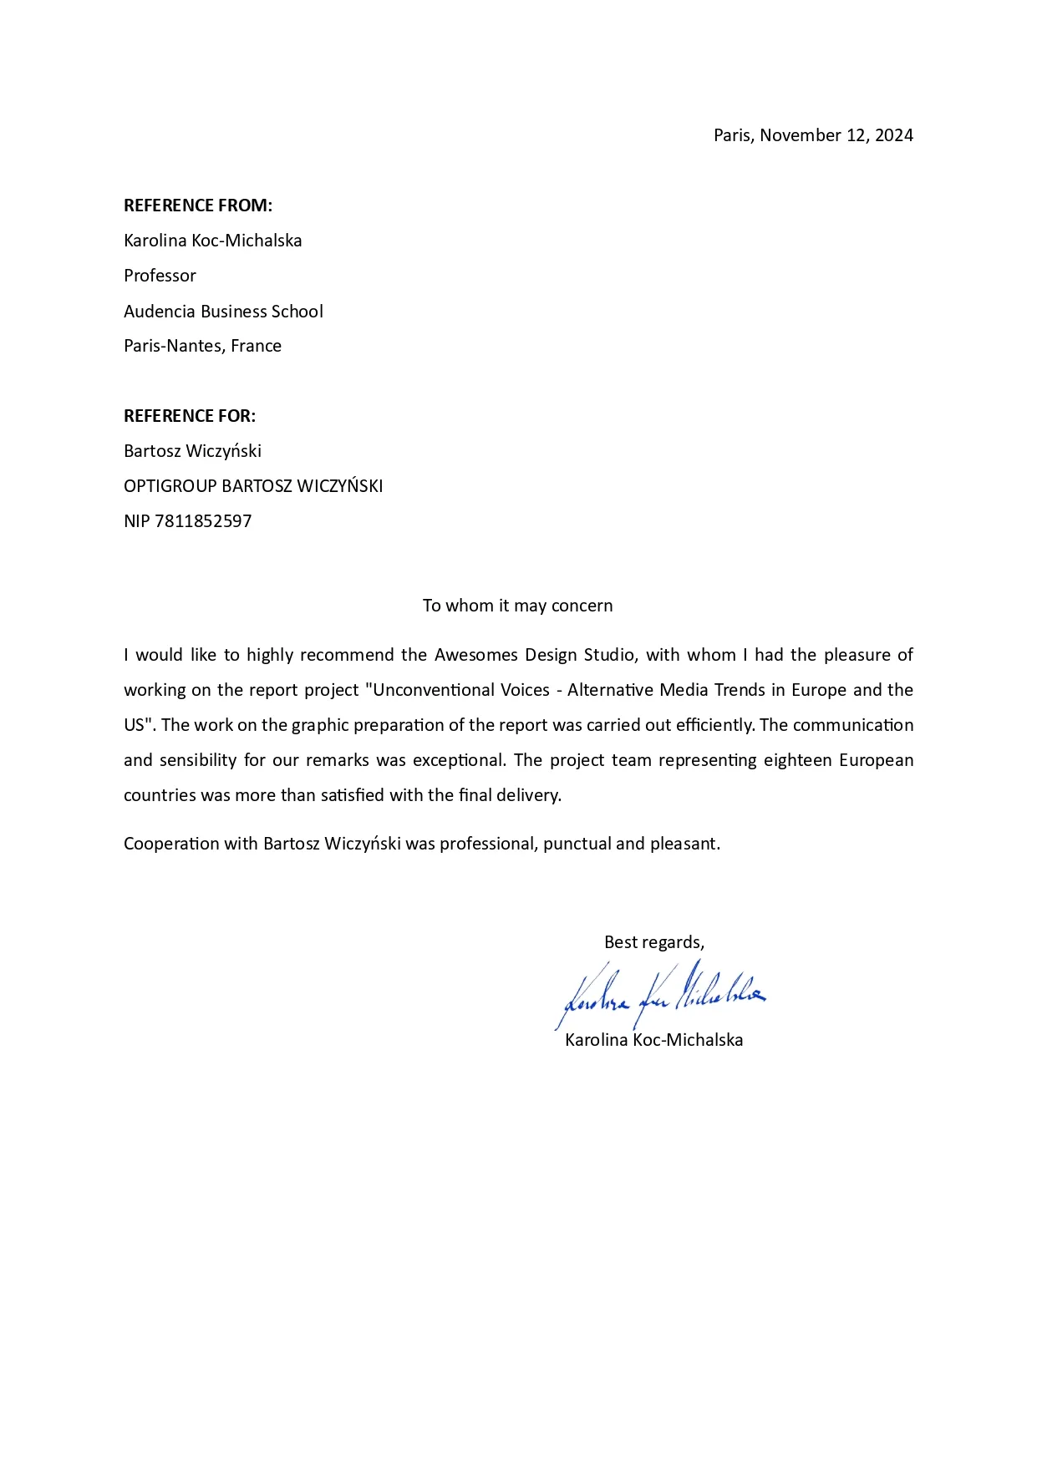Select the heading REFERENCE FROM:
pyautogui.click(x=198, y=205)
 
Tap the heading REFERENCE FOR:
pyautogui.click(x=190, y=416)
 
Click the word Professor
pyautogui.click(x=160, y=276)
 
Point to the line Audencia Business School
pyautogui.click(x=223, y=312)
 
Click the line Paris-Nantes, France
pyautogui.click(x=202, y=346)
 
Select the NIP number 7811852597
pyautogui.click(x=203, y=521)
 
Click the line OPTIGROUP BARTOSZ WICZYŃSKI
pyautogui.click(x=253, y=486)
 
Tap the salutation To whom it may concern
pyautogui.click(x=517, y=606)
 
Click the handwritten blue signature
pyautogui.click(x=659, y=994)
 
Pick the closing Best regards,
pyautogui.click(x=654, y=942)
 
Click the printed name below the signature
pyautogui.click(x=653, y=1040)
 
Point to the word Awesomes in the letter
pyautogui.click(x=475, y=655)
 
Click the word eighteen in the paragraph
pyautogui.click(x=797, y=760)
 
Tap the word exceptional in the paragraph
pyautogui.click(x=459, y=760)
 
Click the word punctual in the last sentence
pyautogui.click(x=577, y=844)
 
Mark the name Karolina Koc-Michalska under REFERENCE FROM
pyautogui.click(x=212, y=241)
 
